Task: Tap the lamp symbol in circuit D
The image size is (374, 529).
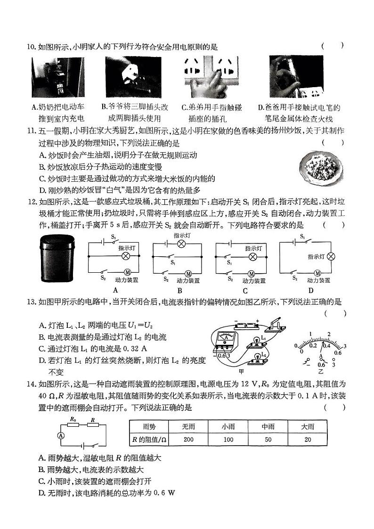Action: click(x=331, y=256)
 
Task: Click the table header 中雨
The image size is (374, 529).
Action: click(x=268, y=426)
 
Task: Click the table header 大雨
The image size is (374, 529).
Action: click(x=308, y=426)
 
